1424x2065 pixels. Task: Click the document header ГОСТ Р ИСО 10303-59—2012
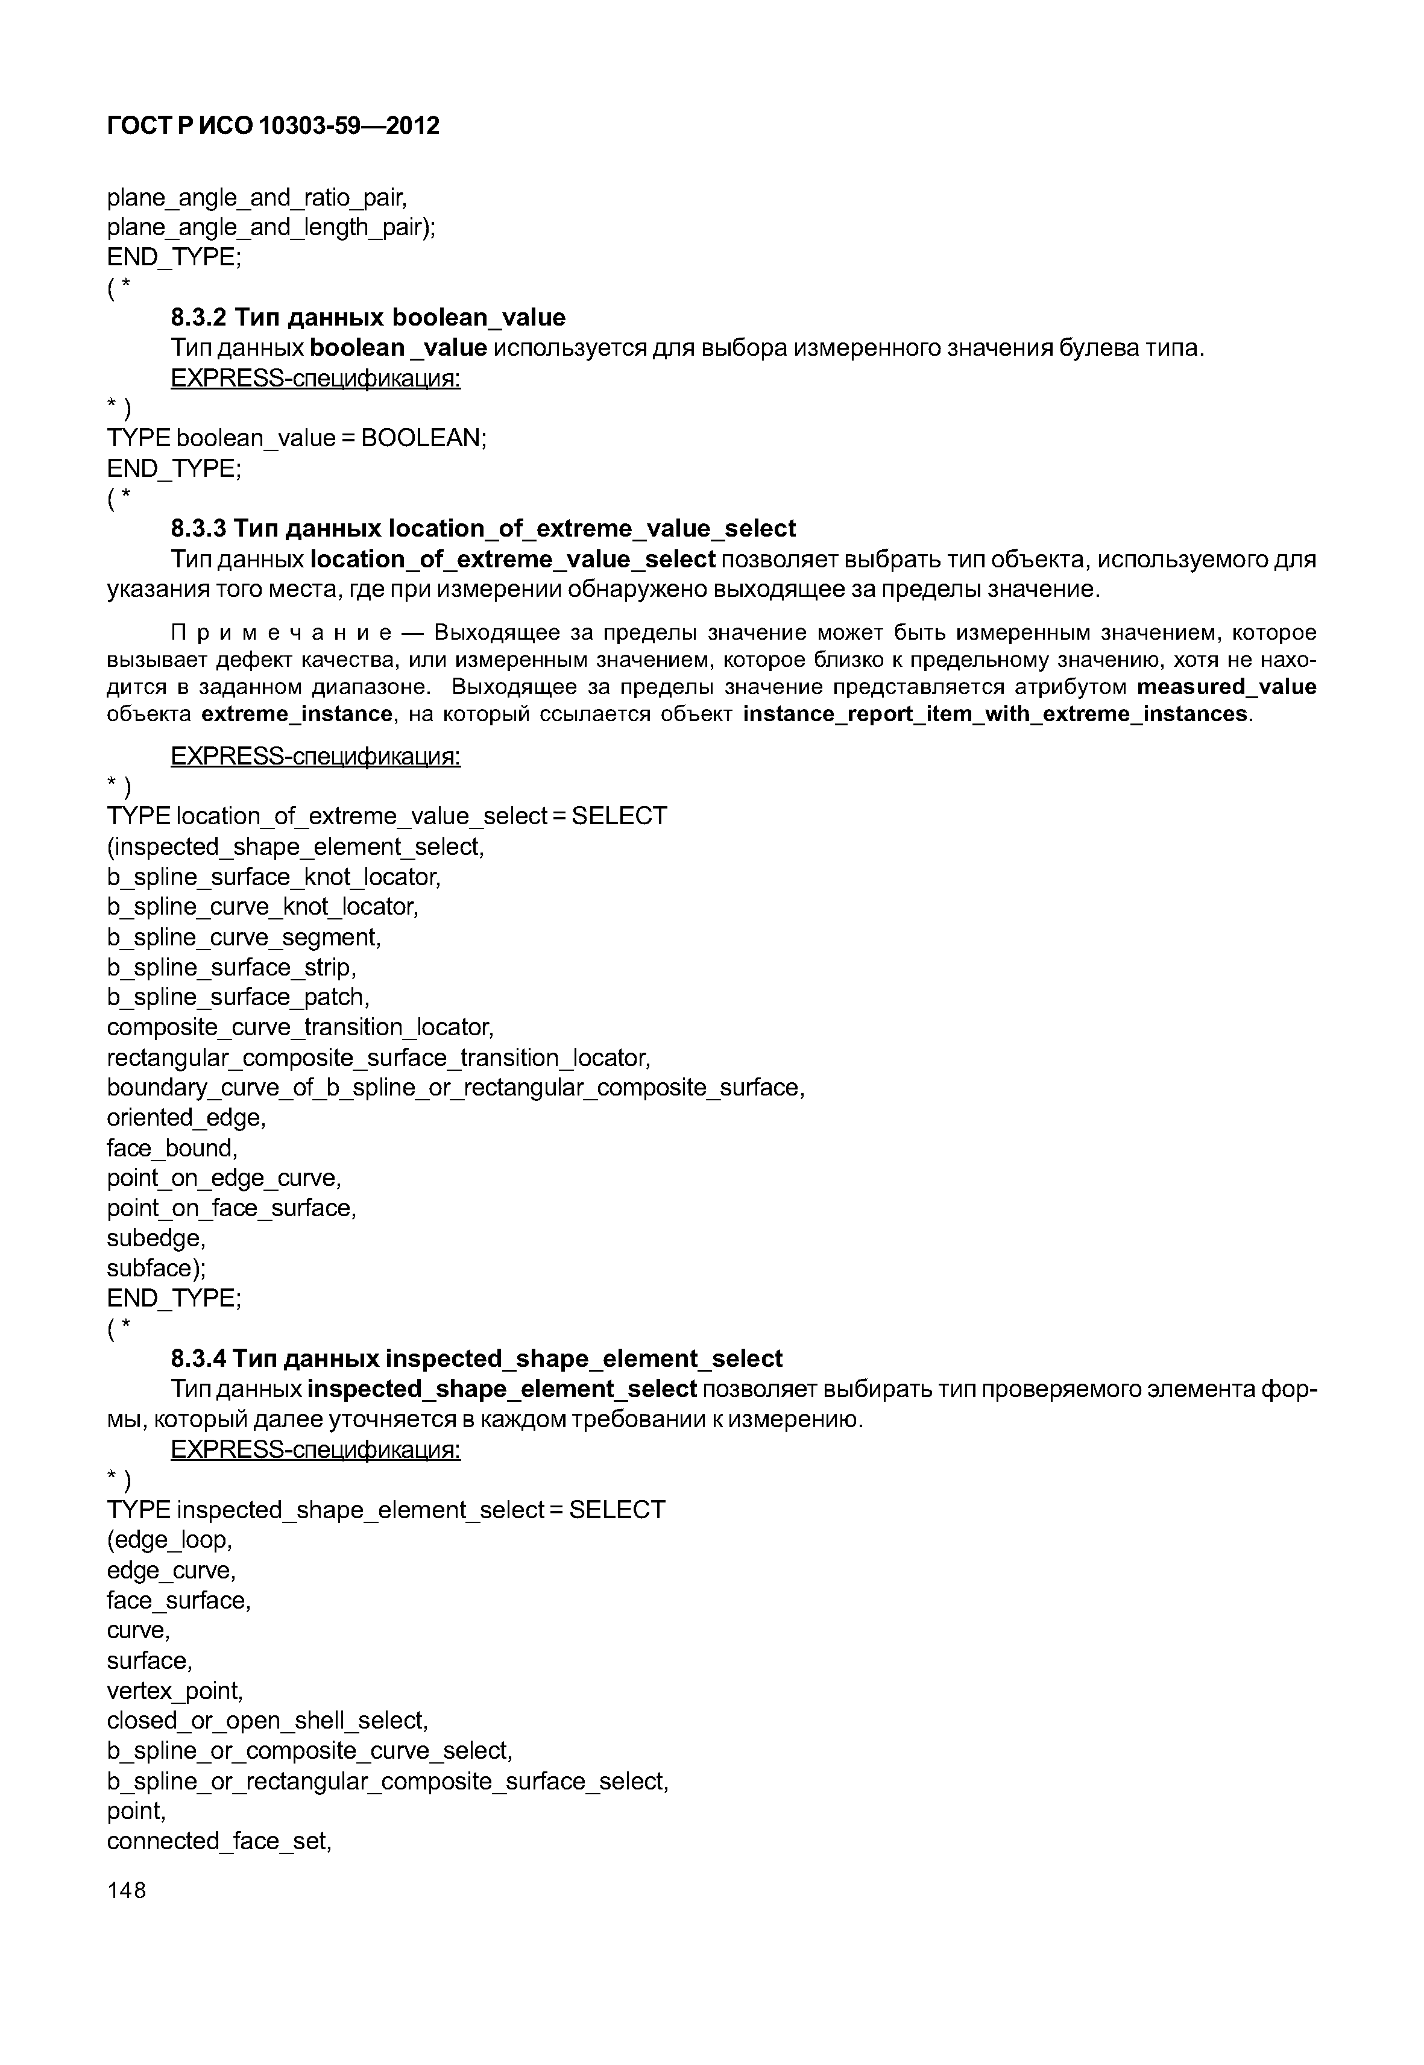click(x=273, y=126)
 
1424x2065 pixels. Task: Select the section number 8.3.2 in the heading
click(x=198, y=318)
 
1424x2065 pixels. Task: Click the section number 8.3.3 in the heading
click(x=198, y=529)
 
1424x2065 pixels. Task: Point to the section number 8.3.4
click(x=198, y=1358)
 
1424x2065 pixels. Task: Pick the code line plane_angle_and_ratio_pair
click(x=257, y=197)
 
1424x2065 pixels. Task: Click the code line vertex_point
click(x=175, y=1691)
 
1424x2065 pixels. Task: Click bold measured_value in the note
click(x=1227, y=687)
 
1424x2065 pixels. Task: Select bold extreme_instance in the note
click(x=297, y=714)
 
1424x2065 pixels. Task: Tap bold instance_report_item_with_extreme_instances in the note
click(x=995, y=714)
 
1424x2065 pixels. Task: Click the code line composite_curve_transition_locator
click(x=300, y=1027)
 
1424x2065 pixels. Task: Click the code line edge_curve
click(x=171, y=1571)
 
